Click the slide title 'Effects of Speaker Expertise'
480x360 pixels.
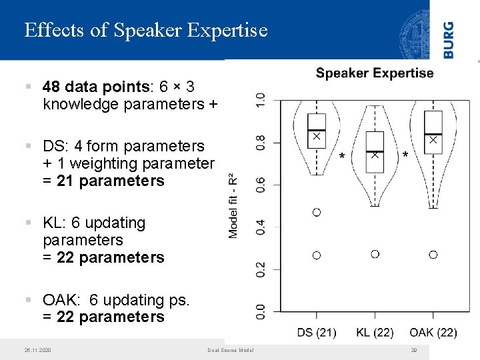coord(145,30)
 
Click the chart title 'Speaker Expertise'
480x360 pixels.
coord(374,73)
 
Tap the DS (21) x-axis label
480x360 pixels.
coord(317,332)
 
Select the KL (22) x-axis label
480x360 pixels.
coord(374,332)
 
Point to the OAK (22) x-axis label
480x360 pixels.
coord(433,332)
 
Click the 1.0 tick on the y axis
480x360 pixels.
coord(261,101)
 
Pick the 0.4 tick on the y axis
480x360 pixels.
coord(261,227)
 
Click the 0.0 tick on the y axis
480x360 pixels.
coord(261,311)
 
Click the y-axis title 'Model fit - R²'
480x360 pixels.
coord(233,206)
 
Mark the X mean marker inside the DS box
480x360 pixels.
coord(317,135)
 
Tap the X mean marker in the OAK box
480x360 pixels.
coord(433,140)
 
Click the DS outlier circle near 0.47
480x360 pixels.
coord(317,212)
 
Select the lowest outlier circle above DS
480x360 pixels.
coord(317,255)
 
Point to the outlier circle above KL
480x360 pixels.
coord(375,254)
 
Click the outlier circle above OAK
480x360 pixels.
coord(433,255)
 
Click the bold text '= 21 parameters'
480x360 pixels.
coord(103,181)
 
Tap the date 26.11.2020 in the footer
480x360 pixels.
coord(37,350)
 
